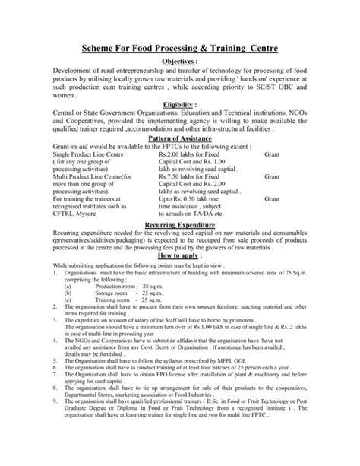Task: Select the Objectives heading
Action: click(x=178, y=62)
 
